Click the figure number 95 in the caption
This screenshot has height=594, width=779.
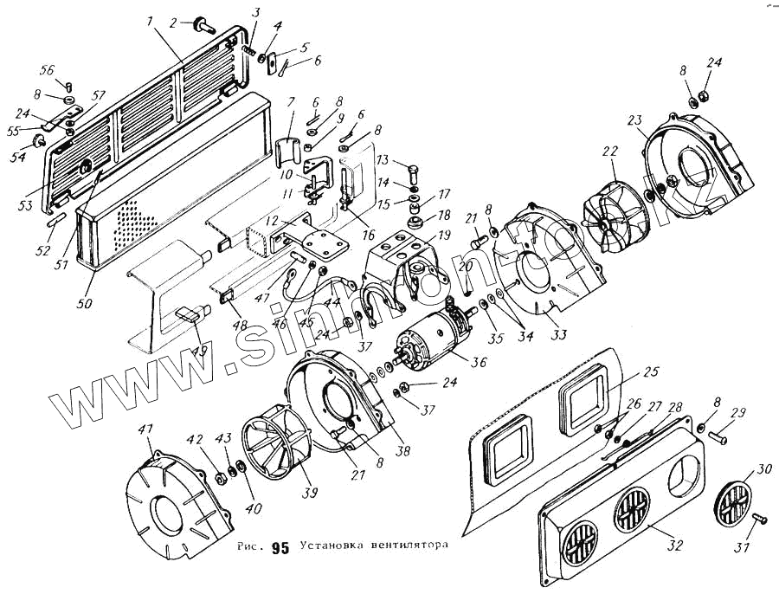click(x=280, y=547)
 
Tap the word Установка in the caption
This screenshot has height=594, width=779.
click(x=333, y=546)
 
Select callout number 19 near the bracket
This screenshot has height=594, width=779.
click(x=444, y=236)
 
